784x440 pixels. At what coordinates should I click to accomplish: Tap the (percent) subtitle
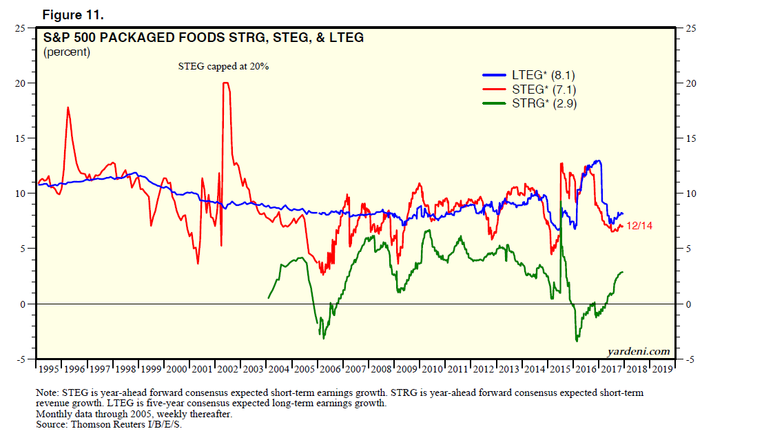pyautogui.click(x=67, y=52)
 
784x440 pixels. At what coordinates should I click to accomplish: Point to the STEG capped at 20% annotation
pyautogui.click(x=223, y=67)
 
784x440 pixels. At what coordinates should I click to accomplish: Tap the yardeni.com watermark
pyautogui.click(x=639, y=351)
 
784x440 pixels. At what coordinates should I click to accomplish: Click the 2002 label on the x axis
pyautogui.click(x=227, y=369)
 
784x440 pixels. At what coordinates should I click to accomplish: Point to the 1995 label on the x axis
pyautogui.click(x=50, y=369)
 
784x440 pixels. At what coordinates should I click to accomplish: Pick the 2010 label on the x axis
pyautogui.click(x=431, y=369)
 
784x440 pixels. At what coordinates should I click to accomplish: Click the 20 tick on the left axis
pyautogui.click(x=21, y=83)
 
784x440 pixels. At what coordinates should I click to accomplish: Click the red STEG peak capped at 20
pyautogui.click(x=225, y=83)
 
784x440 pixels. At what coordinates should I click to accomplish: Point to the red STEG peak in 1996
pyautogui.click(x=68, y=107)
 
